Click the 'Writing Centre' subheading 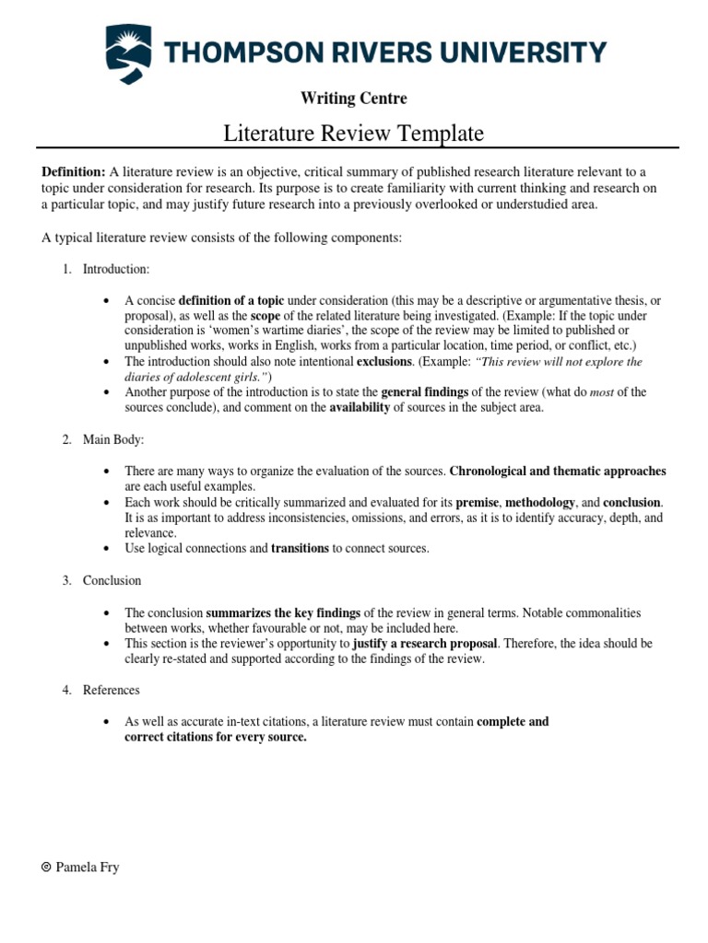coord(354,98)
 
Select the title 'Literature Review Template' coord(354,134)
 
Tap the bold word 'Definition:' coord(74,171)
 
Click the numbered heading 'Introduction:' coord(116,269)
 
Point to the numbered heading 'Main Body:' coord(113,440)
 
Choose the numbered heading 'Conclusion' coord(112,580)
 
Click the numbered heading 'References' coord(112,690)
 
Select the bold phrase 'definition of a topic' coord(231,301)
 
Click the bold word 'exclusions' coord(383,362)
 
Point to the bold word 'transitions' coord(300,548)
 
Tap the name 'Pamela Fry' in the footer coord(87,867)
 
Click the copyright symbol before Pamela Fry coord(46,867)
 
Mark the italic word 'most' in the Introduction coord(602,392)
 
